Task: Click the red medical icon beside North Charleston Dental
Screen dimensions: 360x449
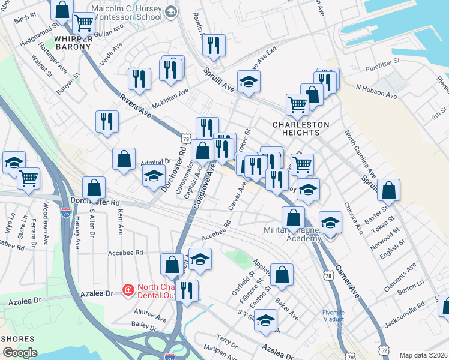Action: click(127, 291)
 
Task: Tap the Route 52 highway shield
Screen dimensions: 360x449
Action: click(384, 349)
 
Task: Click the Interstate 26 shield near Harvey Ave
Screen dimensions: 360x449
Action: click(66, 212)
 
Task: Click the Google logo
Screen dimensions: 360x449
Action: click(20, 353)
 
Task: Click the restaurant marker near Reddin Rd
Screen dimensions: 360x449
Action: click(214, 45)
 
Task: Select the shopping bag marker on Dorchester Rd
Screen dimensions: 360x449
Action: click(94, 188)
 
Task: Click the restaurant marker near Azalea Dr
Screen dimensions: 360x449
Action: click(187, 291)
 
